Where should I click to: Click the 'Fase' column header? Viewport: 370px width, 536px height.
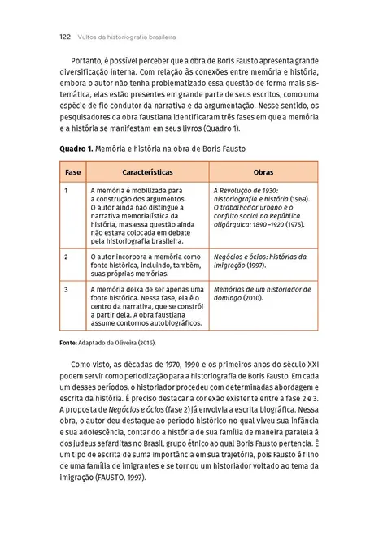(x=72, y=174)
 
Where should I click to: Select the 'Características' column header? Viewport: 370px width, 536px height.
(x=146, y=174)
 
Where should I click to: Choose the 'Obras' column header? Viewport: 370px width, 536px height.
(x=263, y=174)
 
